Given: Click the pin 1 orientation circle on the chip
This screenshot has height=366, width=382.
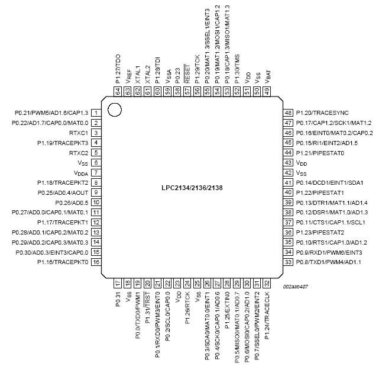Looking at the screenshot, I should [x=114, y=109].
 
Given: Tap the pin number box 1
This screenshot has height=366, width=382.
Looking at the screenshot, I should [x=95, y=113].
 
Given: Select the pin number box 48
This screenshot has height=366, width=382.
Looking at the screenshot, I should [x=289, y=113].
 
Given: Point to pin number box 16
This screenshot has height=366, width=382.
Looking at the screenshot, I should [x=95, y=261].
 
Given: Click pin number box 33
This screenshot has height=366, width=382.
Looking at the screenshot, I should [x=289, y=261].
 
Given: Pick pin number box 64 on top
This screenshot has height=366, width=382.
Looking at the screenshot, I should [x=118, y=91].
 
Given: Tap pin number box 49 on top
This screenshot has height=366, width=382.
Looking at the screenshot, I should [x=267, y=91].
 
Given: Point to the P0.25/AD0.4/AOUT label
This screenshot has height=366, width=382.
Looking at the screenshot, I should [x=60, y=192].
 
